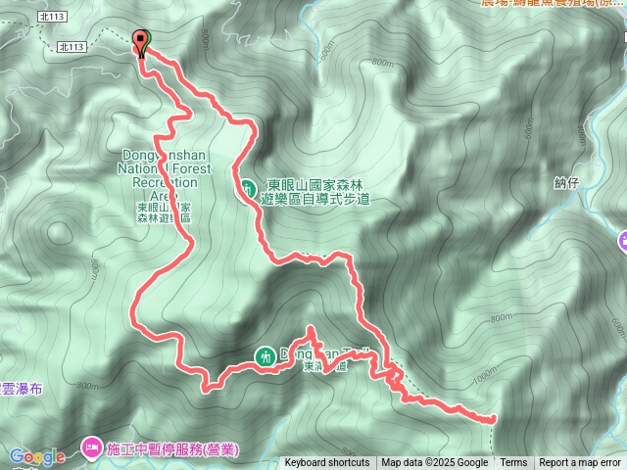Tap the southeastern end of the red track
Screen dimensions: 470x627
[x=491, y=419]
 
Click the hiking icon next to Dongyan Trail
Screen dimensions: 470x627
[x=265, y=356]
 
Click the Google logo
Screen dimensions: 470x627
[x=36, y=456]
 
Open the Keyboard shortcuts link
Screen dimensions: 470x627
[x=327, y=463]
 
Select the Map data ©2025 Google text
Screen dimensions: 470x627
[x=435, y=463]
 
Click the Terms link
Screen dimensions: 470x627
[x=513, y=463]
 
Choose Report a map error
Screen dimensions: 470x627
[x=580, y=463]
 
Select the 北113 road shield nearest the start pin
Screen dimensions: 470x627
[x=72, y=46]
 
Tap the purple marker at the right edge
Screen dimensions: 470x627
[x=623, y=241]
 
